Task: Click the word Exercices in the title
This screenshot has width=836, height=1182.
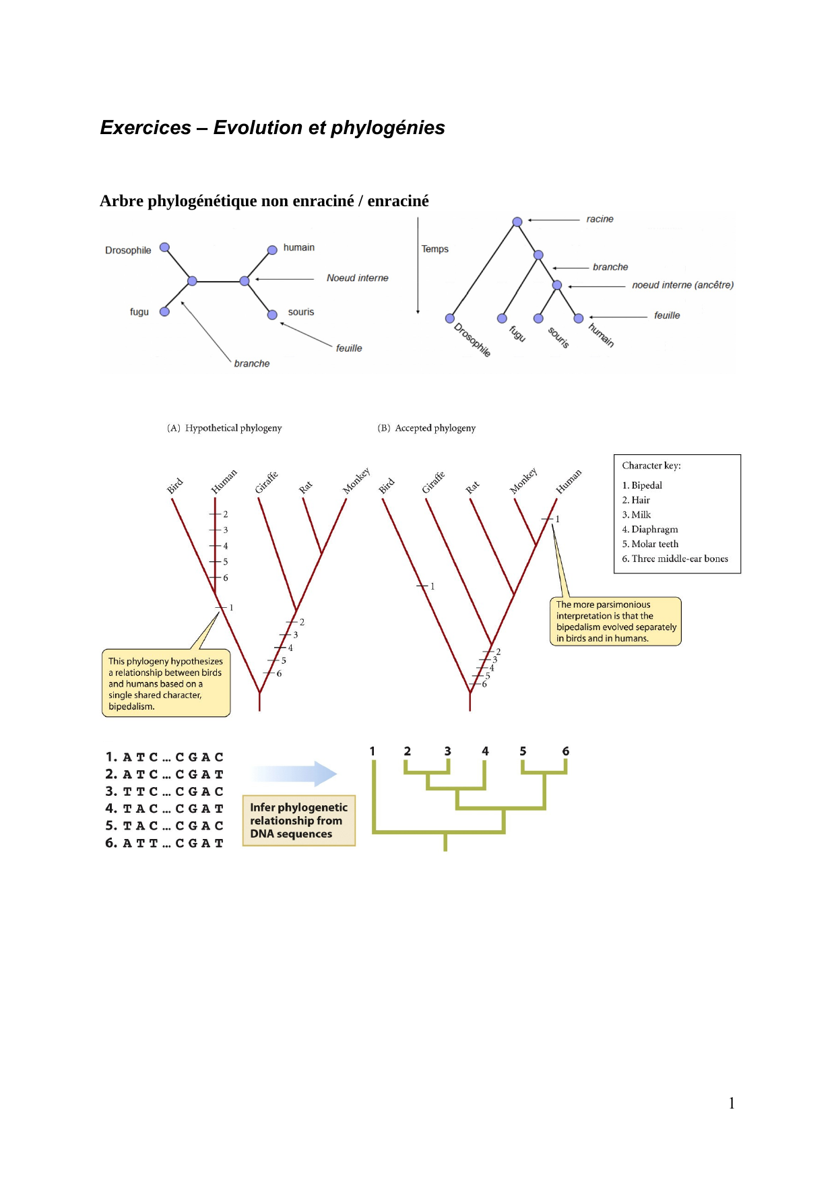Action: point(146,127)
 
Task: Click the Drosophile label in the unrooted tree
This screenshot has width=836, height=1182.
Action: point(128,250)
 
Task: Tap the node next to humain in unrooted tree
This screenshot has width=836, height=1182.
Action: point(272,250)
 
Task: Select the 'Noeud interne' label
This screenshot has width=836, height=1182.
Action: point(358,278)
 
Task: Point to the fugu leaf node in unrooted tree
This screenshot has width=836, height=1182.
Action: point(164,311)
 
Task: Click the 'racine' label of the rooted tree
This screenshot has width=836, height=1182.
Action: point(600,219)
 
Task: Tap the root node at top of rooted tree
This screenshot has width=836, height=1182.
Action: point(517,222)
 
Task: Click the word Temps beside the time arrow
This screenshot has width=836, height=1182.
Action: point(435,249)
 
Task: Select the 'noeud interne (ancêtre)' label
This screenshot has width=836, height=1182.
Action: point(682,285)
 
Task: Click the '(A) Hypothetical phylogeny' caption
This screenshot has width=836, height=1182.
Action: point(224,428)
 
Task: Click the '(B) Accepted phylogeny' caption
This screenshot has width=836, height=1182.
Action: point(426,428)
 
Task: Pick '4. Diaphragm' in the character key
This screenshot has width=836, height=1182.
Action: point(650,529)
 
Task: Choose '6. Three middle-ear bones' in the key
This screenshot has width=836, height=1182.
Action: point(675,559)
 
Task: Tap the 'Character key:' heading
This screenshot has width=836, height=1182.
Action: point(651,466)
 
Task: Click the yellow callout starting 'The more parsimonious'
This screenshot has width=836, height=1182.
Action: point(616,621)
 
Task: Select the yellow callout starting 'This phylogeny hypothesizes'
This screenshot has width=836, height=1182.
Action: point(166,683)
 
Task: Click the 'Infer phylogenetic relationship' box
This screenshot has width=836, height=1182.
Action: point(298,820)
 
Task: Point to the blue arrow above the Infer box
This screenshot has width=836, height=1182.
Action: point(293,774)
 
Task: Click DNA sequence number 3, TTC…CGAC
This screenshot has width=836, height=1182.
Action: point(164,791)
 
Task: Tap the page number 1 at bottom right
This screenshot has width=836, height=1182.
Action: point(732,1103)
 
